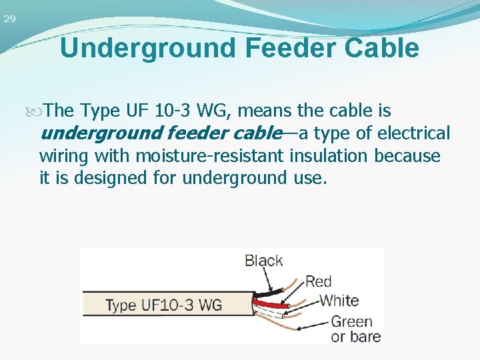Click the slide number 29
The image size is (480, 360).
click(x=9, y=19)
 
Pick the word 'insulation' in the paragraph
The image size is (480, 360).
click(x=329, y=156)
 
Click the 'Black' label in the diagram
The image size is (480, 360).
click(x=263, y=260)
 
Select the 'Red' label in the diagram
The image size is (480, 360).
click(x=318, y=281)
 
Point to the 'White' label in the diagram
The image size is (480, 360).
click(x=338, y=300)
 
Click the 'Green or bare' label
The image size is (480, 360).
click(x=355, y=329)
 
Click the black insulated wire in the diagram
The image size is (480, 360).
click(x=267, y=291)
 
